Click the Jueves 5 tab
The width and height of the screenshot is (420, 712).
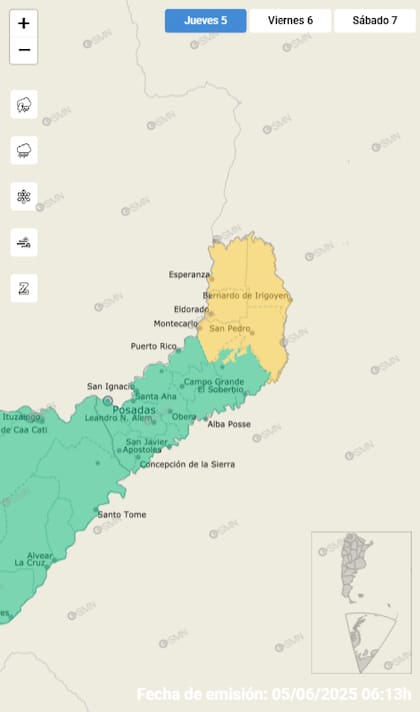[205, 20]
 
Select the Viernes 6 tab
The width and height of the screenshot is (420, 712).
[290, 20]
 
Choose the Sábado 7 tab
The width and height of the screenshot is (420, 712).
[374, 20]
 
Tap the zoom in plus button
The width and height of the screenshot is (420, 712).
[24, 23]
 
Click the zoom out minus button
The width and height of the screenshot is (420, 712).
[24, 50]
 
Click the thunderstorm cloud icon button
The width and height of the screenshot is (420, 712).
[24, 104]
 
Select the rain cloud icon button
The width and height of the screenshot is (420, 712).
[24, 150]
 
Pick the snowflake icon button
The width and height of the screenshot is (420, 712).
[24, 196]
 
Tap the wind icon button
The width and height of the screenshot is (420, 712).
[24, 242]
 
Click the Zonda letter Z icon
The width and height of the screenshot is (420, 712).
[24, 288]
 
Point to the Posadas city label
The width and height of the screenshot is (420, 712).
[134, 411]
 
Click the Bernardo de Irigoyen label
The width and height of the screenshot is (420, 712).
[246, 296]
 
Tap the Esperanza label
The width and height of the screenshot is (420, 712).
[189, 274]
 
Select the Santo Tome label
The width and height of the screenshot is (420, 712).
[122, 514]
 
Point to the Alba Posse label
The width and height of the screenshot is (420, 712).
[229, 424]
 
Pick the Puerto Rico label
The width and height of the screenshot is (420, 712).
[153, 346]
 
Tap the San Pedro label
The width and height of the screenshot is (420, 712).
[228, 328]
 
